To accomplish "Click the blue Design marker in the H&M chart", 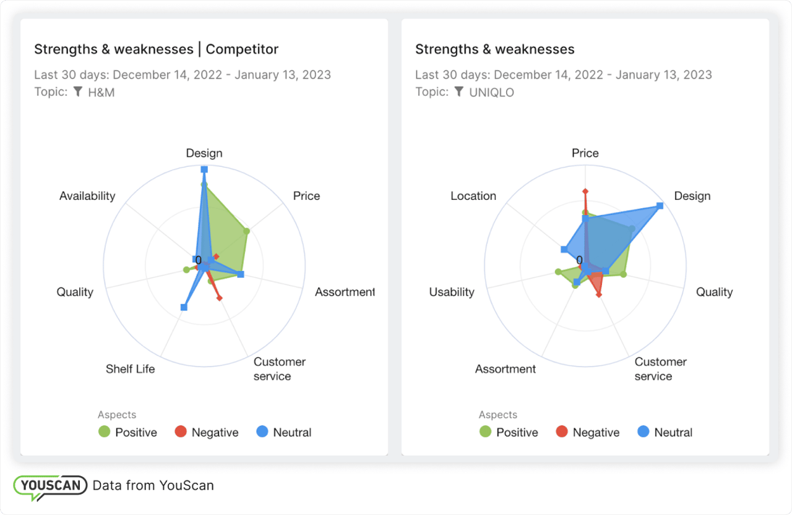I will tap(204, 169).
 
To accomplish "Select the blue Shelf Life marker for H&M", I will tap(183, 307).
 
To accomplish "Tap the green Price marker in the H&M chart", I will tap(246, 232).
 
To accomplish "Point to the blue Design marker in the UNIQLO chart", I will tap(660, 205).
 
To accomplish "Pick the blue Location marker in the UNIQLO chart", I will tap(564, 249).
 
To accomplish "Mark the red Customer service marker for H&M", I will tap(220, 299).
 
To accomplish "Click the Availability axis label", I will tap(87, 196).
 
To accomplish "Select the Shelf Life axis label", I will tap(130, 369).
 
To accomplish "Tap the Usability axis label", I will tap(452, 292).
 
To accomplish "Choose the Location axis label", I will tap(473, 196).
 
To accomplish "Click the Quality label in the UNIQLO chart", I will tap(714, 292).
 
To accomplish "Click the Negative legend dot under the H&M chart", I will tap(181, 432).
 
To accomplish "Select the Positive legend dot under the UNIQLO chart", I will tap(485, 432).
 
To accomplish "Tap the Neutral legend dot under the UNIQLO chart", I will tap(643, 432).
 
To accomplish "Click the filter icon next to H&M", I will tap(78, 92).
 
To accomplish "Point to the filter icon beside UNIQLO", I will tap(459, 92).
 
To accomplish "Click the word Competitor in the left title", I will tap(242, 49).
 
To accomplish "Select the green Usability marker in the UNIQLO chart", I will tap(558, 271).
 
